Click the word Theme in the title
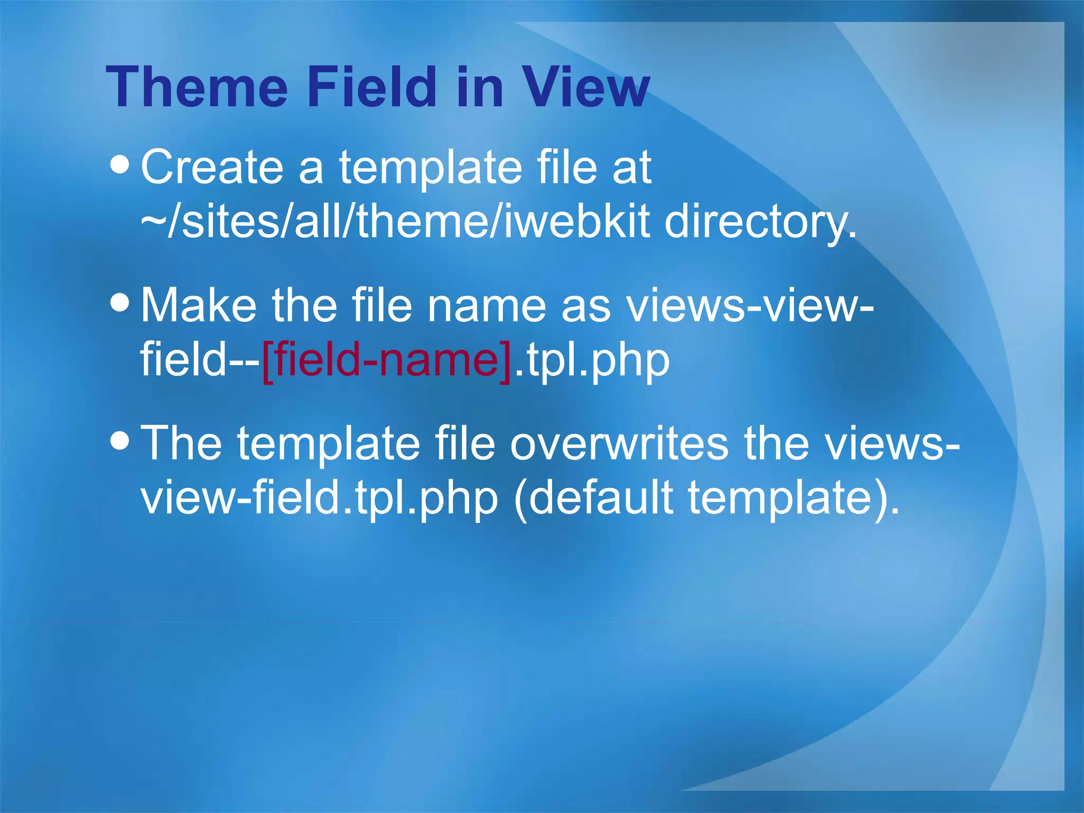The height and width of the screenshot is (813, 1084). [x=197, y=87]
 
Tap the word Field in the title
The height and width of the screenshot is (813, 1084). [x=372, y=87]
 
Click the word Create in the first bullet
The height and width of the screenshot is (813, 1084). [x=212, y=167]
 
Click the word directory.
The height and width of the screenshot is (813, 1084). [x=760, y=222]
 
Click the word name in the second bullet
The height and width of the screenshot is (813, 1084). [x=486, y=306]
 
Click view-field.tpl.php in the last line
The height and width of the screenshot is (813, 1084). [x=319, y=499]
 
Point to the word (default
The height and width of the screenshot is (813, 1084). [x=593, y=499]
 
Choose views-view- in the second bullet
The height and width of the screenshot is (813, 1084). [x=749, y=306]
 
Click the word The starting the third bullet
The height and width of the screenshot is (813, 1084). [x=182, y=443]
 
